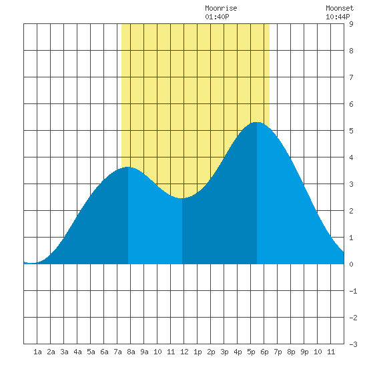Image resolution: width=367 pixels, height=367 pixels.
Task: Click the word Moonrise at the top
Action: (221, 8)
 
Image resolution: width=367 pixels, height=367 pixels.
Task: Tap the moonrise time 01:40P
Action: (217, 17)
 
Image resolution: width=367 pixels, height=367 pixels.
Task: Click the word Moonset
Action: (340, 8)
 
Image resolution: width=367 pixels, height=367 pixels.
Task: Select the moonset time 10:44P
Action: (338, 17)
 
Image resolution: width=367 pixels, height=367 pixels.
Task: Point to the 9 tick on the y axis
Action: (351, 24)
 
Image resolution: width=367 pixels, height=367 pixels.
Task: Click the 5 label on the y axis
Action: (351, 131)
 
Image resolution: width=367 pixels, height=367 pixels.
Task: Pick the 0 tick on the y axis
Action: (351, 264)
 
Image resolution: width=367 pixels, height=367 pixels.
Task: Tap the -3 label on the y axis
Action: (353, 344)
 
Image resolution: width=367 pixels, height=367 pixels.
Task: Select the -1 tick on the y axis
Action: (353, 291)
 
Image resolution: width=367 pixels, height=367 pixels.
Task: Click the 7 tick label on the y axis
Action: (351, 77)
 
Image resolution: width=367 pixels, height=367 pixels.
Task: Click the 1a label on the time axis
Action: (37, 352)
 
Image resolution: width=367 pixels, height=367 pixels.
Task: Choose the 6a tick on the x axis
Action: (104, 352)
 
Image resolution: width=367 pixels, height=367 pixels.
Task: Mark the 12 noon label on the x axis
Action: (184, 352)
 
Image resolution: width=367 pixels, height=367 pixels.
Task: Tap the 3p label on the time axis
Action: (224, 352)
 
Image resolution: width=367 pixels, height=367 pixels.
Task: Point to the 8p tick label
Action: (291, 352)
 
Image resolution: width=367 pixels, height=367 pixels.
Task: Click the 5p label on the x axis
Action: (251, 352)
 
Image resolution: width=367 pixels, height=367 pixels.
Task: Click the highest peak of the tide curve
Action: (257, 122)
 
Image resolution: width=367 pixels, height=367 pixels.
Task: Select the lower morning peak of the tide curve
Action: (128, 167)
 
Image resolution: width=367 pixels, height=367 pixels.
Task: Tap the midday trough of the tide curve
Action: (182, 198)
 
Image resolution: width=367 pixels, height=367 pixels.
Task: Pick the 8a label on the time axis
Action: (131, 352)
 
